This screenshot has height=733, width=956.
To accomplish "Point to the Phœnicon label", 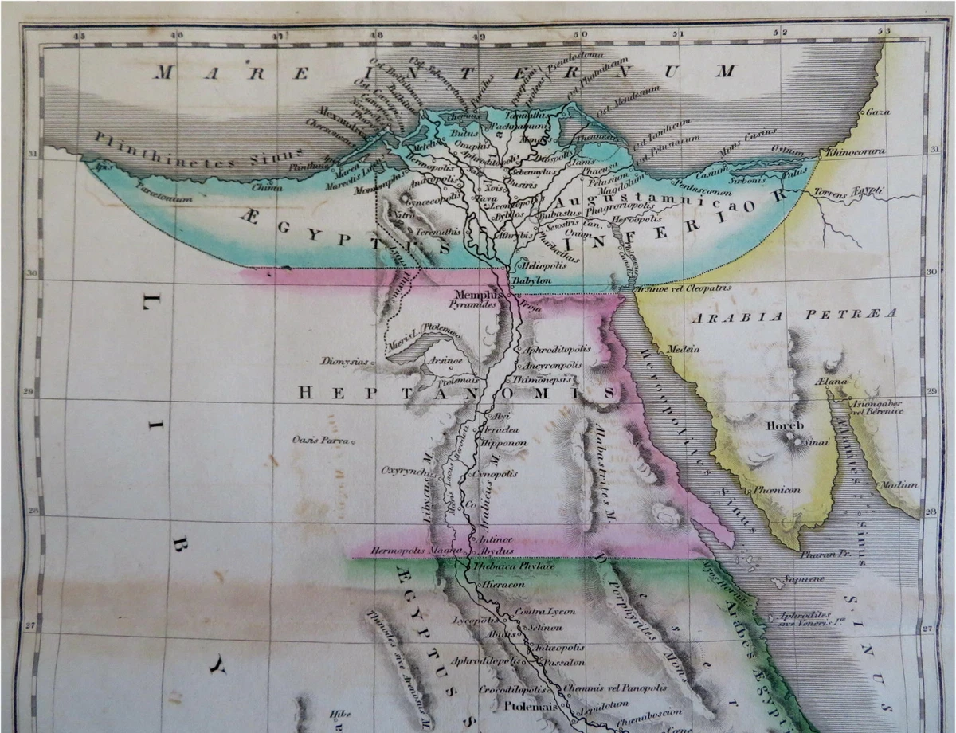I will coord(776,490).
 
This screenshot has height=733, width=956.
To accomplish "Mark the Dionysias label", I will coord(345,361).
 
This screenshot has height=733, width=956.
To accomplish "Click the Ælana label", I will coord(832,384).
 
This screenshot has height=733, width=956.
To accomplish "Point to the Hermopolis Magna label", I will coord(407,551).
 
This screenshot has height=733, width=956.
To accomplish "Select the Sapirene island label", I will coord(803,579).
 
